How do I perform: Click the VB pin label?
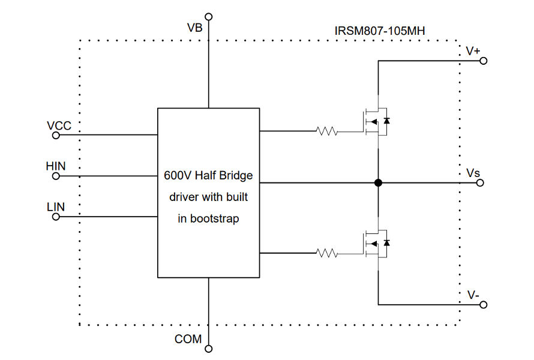point(194,28)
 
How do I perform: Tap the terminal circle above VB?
point(208,16)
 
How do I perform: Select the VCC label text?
point(59,125)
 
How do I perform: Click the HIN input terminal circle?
point(56,176)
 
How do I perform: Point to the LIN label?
point(55,207)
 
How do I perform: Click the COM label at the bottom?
point(188,339)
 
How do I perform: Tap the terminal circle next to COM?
point(208,348)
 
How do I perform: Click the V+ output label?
point(473,51)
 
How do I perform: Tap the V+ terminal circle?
point(483,61)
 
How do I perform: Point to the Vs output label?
point(473,173)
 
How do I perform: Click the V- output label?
point(473,295)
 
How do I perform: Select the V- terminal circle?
point(483,305)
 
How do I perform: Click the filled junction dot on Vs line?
point(378,183)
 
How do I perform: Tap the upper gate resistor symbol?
point(327,131)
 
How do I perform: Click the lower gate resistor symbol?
point(327,253)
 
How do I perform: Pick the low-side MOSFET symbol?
point(376,244)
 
